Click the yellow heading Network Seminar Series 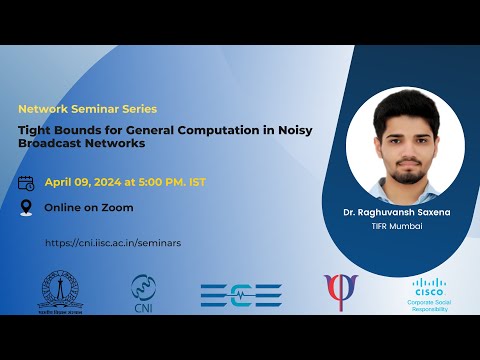88,108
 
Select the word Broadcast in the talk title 52,143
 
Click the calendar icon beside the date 27,183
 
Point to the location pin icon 27,208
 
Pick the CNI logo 144,292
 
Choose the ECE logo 241,294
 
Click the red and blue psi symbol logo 340,292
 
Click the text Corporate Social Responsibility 427,305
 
